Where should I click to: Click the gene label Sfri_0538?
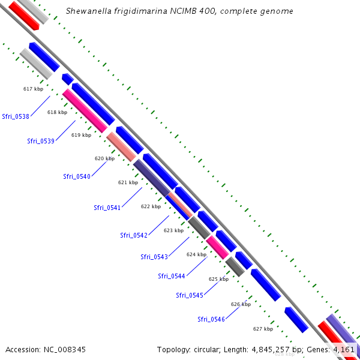point(16,116)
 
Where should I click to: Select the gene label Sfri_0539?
point(41,141)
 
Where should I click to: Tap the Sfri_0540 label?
point(77,176)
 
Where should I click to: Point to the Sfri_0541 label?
point(107,208)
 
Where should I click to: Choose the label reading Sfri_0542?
point(134,235)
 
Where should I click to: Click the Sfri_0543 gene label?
point(154,257)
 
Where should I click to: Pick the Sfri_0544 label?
point(172,276)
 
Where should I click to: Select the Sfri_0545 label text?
point(190,295)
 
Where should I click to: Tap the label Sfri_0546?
point(211,319)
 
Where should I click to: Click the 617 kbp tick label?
point(33,89)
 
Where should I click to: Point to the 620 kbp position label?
point(104,158)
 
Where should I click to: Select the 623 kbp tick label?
point(173,230)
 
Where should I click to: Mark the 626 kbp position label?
point(241,304)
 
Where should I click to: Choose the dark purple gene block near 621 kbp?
point(151,178)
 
